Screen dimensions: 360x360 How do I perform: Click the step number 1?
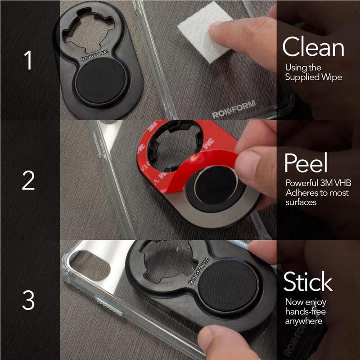click(28, 60)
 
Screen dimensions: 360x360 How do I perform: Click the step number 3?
click(28, 300)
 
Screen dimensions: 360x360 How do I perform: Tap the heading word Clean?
click(313, 47)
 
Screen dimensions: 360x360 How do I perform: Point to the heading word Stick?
click(308, 282)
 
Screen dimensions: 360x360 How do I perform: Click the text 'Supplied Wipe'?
click(314, 77)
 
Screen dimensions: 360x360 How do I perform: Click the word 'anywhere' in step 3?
click(304, 321)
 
